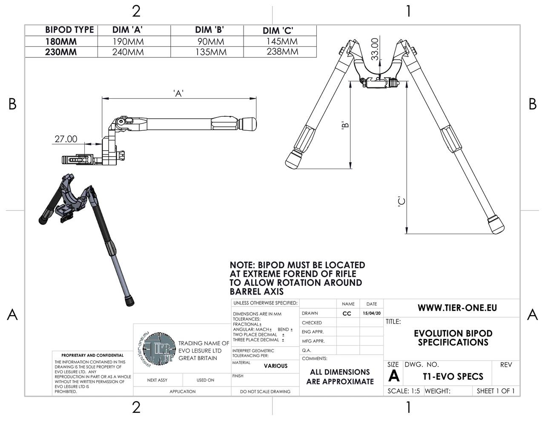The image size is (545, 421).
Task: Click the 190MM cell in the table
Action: pyautogui.click(x=128, y=42)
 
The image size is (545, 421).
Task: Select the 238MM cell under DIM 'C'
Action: pyautogui.click(x=282, y=52)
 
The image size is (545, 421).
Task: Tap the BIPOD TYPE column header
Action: pyautogui.click(x=69, y=30)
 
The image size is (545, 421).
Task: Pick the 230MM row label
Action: pyautogui.click(x=61, y=52)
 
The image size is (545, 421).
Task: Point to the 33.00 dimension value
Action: pyautogui.click(x=374, y=49)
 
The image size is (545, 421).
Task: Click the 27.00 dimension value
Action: pyautogui.click(x=66, y=139)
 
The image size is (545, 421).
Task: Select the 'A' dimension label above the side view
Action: pyautogui.click(x=179, y=94)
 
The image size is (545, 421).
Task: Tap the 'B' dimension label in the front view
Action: pyautogui.click(x=345, y=125)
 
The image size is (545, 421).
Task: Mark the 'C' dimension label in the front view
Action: pyautogui.click(x=401, y=202)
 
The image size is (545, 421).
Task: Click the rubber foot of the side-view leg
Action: pyautogui.click(x=249, y=124)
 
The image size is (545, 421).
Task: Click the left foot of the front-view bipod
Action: pyautogui.click(x=294, y=159)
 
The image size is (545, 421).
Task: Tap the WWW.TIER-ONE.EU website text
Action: pyautogui.click(x=457, y=308)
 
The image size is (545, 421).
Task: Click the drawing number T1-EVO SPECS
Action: pyautogui.click(x=453, y=377)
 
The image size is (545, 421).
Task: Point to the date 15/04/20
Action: pyautogui.click(x=372, y=313)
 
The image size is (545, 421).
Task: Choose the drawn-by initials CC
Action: pyautogui.click(x=347, y=313)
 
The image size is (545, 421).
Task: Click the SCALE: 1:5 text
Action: pyautogui.click(x=404, y=391)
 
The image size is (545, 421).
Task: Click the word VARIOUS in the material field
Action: pyautogui.click(x=275, y=366)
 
